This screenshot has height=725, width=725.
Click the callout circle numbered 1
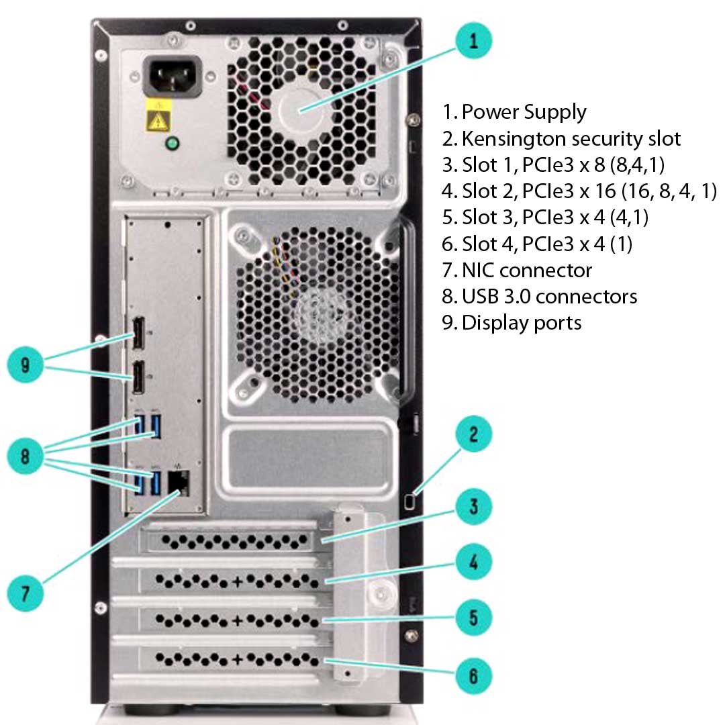coord(474,42)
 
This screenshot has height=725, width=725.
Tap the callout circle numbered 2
coord(474,435)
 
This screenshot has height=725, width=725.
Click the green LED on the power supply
coord(172,144)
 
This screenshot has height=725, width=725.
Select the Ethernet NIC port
coord(178,481)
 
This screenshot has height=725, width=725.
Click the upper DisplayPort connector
coord(138,332)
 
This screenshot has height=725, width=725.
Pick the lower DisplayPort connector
coord(138,378)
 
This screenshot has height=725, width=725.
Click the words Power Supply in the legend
coord(524,112)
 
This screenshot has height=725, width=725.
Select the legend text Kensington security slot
coord(571,139)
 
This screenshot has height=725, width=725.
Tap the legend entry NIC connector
coord(526,270)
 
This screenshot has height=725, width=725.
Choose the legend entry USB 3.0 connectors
coord(549,296)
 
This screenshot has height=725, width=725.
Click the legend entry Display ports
coord(521,322)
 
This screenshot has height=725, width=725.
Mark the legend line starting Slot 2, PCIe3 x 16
coord(580,191)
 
